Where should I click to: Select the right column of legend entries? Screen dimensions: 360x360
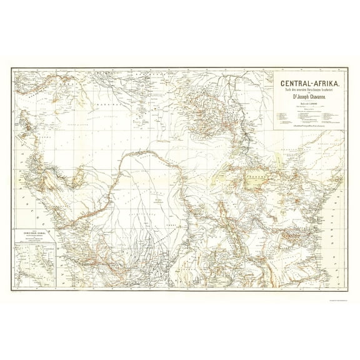328,116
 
